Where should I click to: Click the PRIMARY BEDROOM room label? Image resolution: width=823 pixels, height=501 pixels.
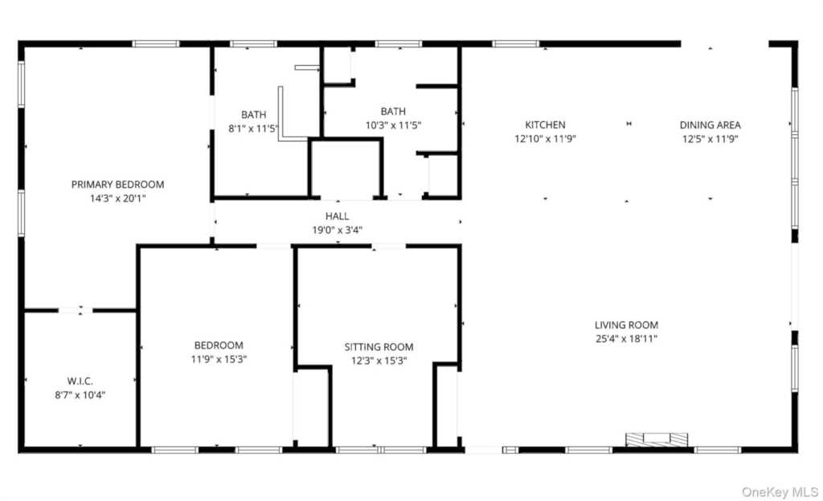coord(117,185)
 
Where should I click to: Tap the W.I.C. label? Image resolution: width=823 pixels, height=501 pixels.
coord(80,381)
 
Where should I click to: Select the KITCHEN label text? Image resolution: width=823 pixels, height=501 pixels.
coord(546,124)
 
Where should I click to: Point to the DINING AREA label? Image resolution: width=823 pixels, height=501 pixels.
coord(710,124)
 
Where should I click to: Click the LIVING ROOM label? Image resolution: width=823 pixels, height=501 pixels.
coord(626,325)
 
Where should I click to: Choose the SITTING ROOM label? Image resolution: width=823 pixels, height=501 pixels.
coord(379,347)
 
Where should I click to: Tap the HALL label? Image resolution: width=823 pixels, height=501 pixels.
coord(337,216)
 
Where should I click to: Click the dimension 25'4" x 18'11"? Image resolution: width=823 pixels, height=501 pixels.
coord(626,339)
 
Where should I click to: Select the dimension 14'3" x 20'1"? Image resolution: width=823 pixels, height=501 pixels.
coord(117,198)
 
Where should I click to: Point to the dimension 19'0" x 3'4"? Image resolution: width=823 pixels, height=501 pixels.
coord(337,230)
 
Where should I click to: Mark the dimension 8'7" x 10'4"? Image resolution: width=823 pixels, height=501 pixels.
coord(80,394)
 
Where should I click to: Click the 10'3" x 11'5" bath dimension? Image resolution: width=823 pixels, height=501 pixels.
coord(393,125)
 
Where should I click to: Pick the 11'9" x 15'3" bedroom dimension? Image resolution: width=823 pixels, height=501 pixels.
coord(219,359)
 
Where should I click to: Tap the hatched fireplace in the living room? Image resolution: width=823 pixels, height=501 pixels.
coord(657,440)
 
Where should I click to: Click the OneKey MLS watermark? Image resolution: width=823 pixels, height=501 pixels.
coord(780,492)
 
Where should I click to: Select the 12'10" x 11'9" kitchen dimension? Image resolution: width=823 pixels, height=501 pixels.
coord(546,139)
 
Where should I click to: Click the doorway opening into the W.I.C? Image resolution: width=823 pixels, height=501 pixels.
coord(75,311)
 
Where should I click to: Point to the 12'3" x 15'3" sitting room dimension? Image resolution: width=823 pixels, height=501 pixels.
coord(379,360)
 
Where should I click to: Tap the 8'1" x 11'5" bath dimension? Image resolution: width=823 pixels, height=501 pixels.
coord(253,128)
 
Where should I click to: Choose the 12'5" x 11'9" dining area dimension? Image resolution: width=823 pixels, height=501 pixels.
coord(710,139)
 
